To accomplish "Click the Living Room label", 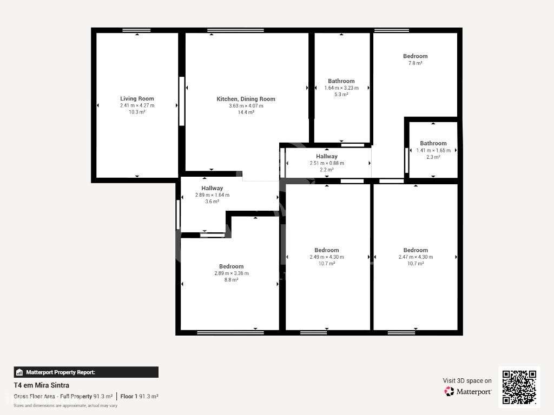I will [137, 98].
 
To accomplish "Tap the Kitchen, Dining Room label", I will [246, 99].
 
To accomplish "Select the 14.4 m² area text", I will [246, 112].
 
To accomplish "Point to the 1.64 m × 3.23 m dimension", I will [341, 88].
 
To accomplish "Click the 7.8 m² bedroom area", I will [415, 63].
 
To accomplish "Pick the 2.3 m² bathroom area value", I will [433, 157].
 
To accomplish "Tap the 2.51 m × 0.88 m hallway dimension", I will [327, 163].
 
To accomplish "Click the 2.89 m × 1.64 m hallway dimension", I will [212, 195].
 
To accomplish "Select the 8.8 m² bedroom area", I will [231, 280].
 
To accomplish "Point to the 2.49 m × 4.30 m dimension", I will [327, 257].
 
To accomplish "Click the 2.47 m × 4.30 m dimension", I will [415, 257].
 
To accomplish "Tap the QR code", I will [519, 386].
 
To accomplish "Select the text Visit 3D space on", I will [467, 381].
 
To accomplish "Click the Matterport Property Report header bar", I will [86, 372].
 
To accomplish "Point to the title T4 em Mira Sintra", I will [41, 386].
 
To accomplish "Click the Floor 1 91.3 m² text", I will [139, 397].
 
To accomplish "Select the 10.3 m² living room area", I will [137, 112].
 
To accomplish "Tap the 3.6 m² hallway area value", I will [212, 202].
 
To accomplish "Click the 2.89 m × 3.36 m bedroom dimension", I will [231, 273].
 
